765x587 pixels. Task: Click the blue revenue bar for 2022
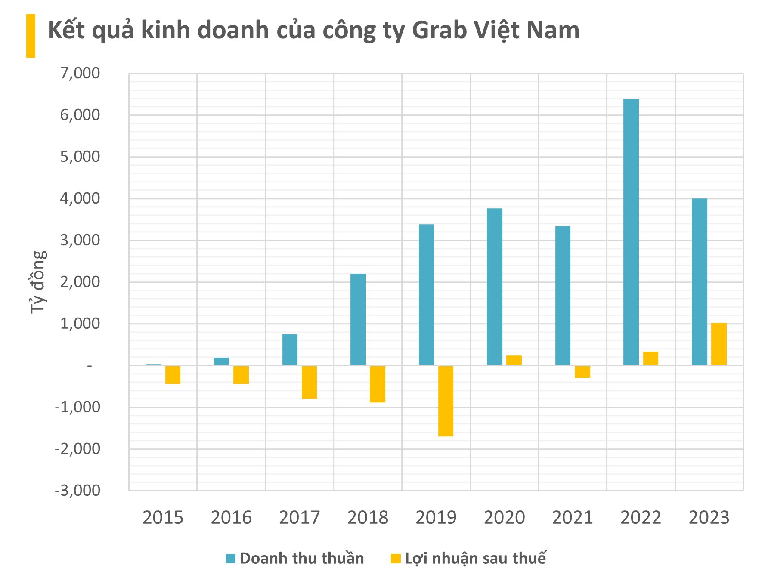tap(631, 232)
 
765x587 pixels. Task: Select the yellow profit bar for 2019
tap(446, 401)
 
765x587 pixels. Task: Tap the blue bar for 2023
tap(699, 282)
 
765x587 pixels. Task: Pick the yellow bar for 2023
tap(719, 344)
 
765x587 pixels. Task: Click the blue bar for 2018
tap(358, 320)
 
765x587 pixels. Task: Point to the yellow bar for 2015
tap(173, 375)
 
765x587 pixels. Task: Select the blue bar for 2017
tap(290, 350)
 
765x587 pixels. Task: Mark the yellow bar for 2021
tap(582, 372)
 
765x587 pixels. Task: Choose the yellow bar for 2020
tap(514, 361)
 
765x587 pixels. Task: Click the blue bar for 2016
tap(221, 361)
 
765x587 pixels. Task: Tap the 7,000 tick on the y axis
tap(80, 74)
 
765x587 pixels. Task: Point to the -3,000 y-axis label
tap(77, 490)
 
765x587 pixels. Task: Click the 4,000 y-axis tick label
tap(80, 199)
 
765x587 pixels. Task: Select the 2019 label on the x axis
tap(436, 518)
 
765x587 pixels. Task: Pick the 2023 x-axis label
tap(709, 518)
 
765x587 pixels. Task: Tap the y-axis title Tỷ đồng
tap(38, 282)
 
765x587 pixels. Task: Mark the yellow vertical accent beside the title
tap(31, 36)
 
